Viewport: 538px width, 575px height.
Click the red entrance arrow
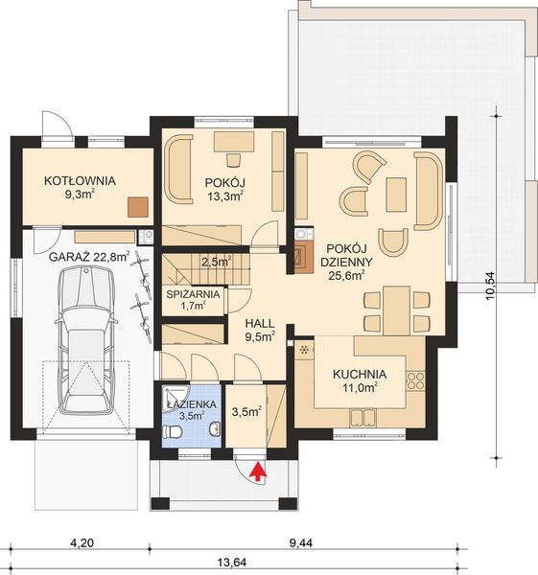click(x=256, y=469)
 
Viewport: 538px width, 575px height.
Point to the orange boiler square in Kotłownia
click(x=139, y=204)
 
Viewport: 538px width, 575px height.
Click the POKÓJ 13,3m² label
click(x=225, y=188)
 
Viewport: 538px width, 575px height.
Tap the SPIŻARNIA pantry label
click(x=194, y=299)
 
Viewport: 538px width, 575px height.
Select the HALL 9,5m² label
click(x=259, y=330)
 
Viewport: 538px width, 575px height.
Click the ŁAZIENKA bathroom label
click(x=190, y=410)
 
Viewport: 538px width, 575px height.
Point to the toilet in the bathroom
click(x=173, y=432)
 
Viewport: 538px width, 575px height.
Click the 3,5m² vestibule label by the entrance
click(x=246, y=414)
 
